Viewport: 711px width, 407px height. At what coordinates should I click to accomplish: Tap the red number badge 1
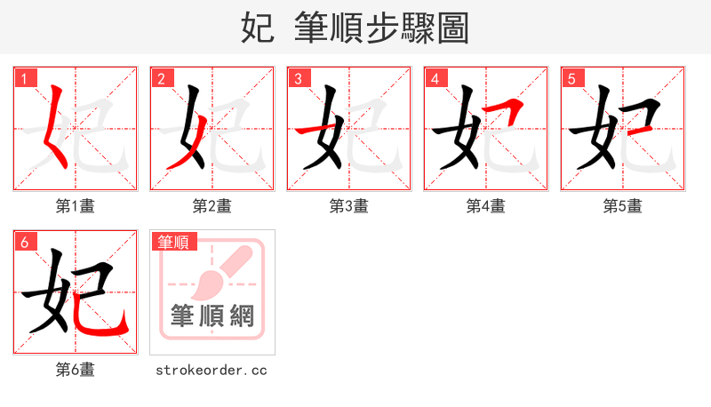point(24,79)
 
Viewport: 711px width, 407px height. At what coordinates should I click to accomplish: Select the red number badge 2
point(161,79)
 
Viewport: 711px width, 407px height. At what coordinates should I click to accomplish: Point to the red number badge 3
point(298,79)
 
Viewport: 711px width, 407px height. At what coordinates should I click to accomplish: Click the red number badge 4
point(435,79)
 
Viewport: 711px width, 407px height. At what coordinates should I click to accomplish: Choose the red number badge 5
point(571,79)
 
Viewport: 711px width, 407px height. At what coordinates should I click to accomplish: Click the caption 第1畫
point(76,206)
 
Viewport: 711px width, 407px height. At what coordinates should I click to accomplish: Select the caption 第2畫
point(212,206)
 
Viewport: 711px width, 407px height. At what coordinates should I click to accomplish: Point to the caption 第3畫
point(349,206)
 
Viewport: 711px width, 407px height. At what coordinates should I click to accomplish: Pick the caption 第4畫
point(486,206)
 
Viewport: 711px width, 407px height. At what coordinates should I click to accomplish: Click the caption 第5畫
point(623,206)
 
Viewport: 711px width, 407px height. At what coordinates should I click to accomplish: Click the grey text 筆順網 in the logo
point(212,315)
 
